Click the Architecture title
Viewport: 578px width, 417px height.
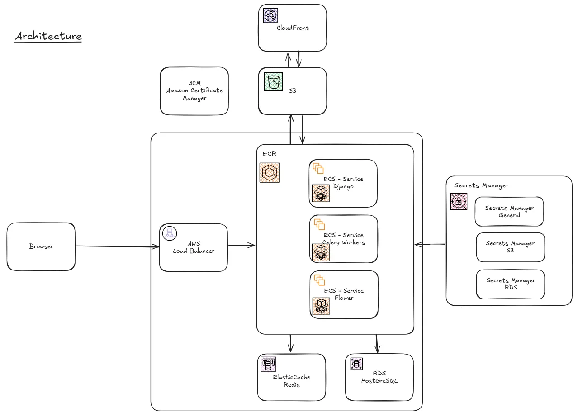point(48,36)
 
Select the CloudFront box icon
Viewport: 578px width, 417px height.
point(270,15)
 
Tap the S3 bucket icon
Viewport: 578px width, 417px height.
point(273,82)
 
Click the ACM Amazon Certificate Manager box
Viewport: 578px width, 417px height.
point(194,91)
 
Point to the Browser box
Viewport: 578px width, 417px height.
point(41,246)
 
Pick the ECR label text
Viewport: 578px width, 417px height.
point(269,154)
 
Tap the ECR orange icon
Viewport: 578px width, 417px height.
point(270,173)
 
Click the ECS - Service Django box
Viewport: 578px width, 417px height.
point(343,183)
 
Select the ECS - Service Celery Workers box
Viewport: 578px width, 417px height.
point(343,239)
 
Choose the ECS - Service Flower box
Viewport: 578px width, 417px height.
point(344,294)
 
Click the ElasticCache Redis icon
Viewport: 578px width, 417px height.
point(269,364)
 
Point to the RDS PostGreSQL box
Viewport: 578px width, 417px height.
point(379,377)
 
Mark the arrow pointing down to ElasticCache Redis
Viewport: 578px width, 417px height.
point(290,343)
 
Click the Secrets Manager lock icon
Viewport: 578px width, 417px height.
point(459,202)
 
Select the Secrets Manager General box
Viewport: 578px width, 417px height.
point(509,212)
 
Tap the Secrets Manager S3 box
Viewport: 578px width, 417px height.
point(510,247)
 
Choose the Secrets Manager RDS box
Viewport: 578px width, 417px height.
point(510,284)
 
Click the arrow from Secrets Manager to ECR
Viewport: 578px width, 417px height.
point(430,245)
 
